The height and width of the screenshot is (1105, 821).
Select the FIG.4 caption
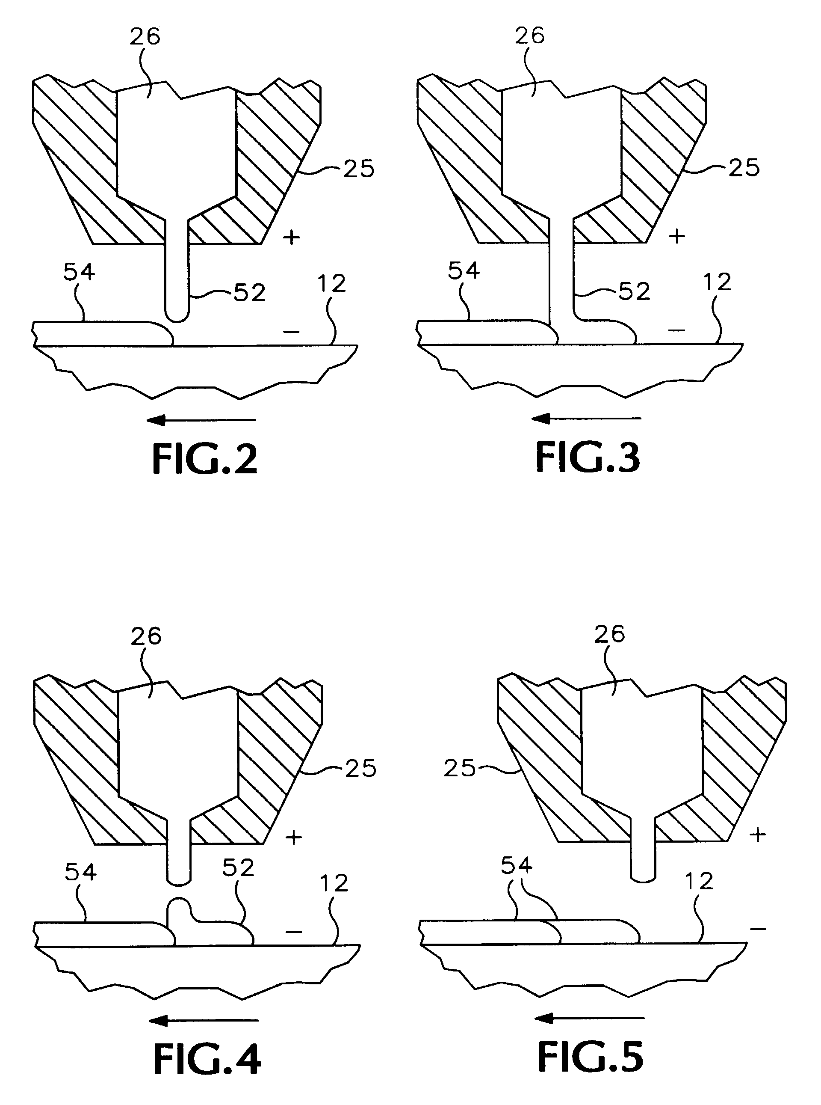tap(207, 1059)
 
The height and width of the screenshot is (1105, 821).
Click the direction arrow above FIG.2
tap(202, 420)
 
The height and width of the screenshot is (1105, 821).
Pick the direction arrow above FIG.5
tap(589, 1019)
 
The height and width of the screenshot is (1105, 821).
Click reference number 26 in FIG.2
tap(145, 36)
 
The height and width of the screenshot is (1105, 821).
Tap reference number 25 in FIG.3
tap(744, 168)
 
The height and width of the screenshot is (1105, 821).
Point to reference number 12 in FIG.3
tap(717, 282)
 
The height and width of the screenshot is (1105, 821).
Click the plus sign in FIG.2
tap(291, 237)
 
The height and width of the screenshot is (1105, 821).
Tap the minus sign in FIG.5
tap(758, 928)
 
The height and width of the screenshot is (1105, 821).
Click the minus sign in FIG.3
tap(677, 329)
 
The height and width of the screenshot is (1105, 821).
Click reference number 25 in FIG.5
tap(460, 768)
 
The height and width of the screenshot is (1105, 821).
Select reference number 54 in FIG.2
tap(79, 272)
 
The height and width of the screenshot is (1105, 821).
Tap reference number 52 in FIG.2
tap(249, 293)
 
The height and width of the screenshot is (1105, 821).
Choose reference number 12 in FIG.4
tap(334, 884)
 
